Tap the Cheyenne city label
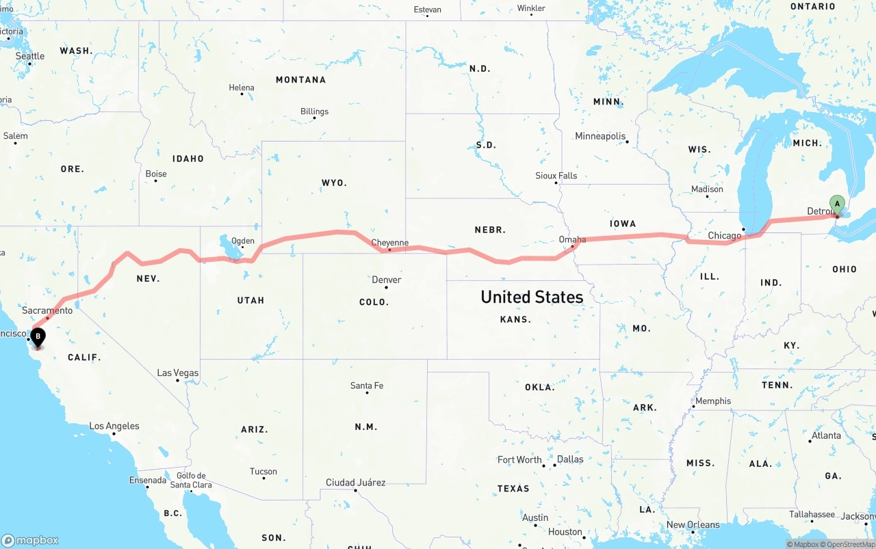click(389, 243)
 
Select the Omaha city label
click(572, 239)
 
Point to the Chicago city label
click(724, 236)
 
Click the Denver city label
click(386, 280)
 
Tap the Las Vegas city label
click(178, 373)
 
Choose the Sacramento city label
click(47, 310)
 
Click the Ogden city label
click(243, 241)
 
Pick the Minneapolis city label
click(600, 136)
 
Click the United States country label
click(532, 297)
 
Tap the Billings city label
click(314, 111)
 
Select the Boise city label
click(156, 174)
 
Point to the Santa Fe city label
click(367, 386)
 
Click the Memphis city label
click(713, 401)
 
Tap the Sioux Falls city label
click(556, 176)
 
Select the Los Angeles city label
click(114, 426)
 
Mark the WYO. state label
click(334, 183)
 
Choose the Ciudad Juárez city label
click(355, 483)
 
